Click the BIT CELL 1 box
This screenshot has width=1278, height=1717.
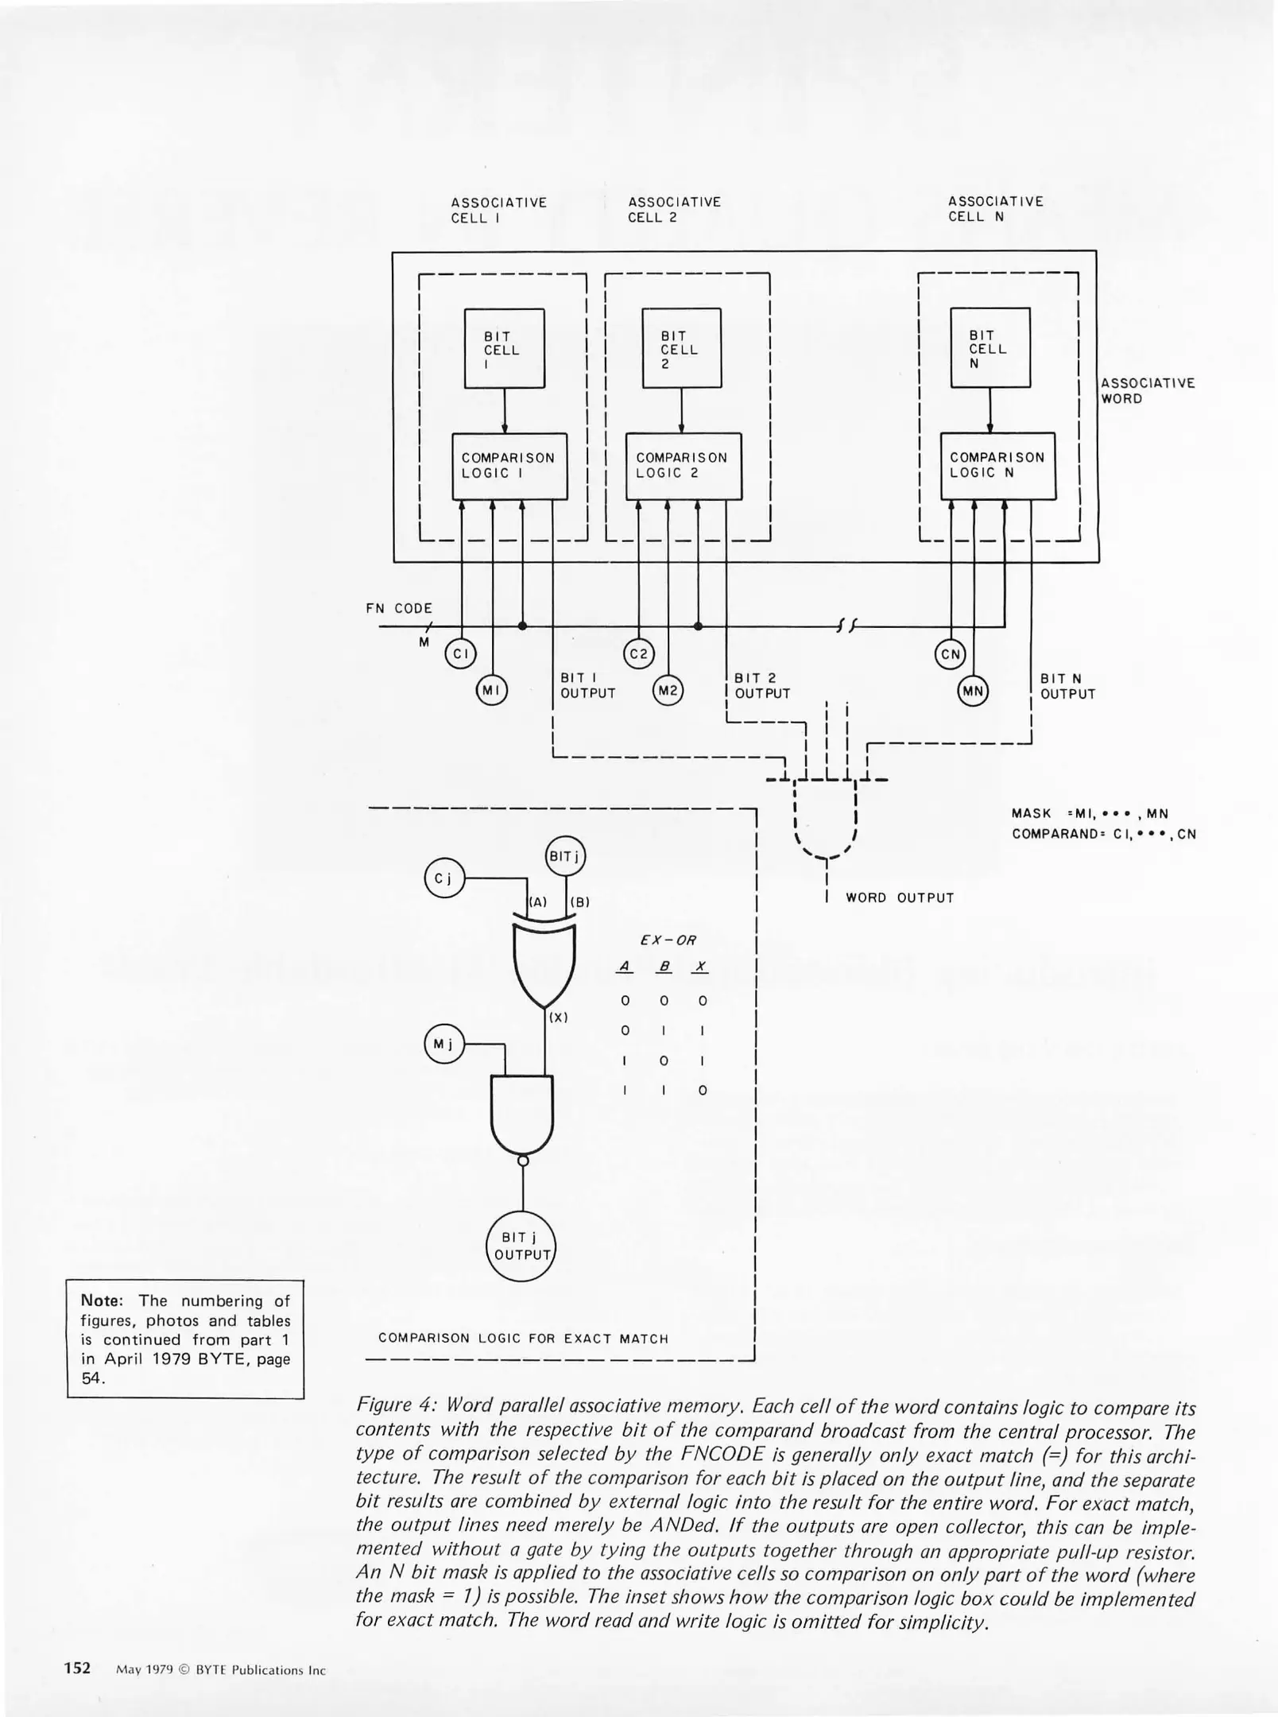tap(504, 348)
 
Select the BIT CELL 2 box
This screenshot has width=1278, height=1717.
tap(681, 348)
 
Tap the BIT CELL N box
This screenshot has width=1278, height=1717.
tap(989, 347)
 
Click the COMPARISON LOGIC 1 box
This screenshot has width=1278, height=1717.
tap(509, 466)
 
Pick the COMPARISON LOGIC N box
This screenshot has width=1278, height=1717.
tap(997, 466)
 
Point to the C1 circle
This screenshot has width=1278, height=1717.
tap(459, 654)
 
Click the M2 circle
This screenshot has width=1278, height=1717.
tap(668, 691)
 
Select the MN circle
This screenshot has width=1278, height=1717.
tap(973, 692)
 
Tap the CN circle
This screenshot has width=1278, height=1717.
tap(951, 655)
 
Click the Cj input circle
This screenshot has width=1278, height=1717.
tap(444, 878)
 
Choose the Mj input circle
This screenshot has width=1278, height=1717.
tap(443, 1044)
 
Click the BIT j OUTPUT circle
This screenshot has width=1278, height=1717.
tap(521, 1246)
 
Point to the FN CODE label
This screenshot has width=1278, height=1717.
tap(399, 608)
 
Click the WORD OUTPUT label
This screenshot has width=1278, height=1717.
tap(899, 897)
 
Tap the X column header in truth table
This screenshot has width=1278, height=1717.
tap(701, 967)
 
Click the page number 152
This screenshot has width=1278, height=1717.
tap(78, 1668)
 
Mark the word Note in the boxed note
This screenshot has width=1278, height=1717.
tap(100, 1300)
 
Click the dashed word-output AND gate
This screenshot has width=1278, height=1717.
tap(826, 819)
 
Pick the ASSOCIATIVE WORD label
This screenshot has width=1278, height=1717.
tap(1147, 390)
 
